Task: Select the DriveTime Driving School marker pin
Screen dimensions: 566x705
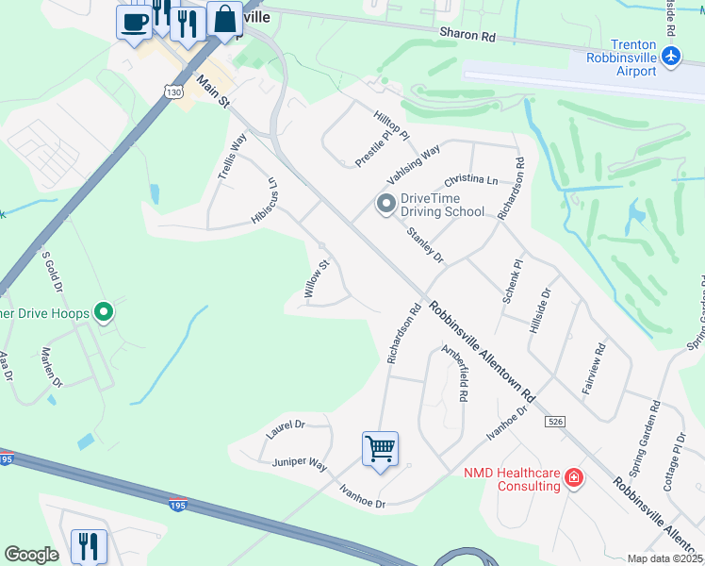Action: coord(385,204)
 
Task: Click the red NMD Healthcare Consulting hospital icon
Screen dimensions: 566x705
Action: coord(572,479)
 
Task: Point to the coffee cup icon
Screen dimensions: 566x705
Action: coord(134,21)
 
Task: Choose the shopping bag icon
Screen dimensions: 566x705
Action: coord(225,19)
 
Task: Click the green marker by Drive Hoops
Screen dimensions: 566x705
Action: coord(105,312)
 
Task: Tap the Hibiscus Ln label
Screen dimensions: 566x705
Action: coord(263,201)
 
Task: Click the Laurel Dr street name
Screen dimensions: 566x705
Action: coord(286,426)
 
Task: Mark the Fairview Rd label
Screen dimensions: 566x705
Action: coord(593,377)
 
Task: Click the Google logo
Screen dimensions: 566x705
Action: coord(31,554)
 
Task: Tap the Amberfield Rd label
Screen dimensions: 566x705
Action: coord(454,375)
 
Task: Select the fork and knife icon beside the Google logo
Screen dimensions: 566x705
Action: coord(90,544)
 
